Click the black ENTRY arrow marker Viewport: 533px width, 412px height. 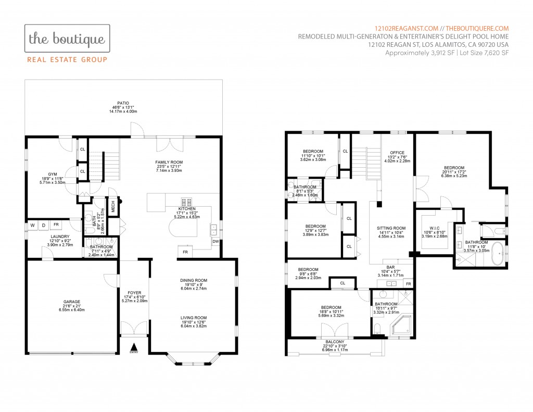click(x=134, y=347)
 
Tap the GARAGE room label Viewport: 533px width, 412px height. click(x=72, y=302)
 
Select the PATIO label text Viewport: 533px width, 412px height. click(x=123, y=103)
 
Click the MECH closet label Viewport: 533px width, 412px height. click(x=113, y=206)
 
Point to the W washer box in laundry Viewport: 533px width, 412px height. click(x=33, y=225)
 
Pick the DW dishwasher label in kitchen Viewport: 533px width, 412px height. click(x=215, y=242)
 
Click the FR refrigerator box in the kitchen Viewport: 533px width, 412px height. click(x=185, y=252)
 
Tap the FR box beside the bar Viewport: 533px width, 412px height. click(x=408, y=283)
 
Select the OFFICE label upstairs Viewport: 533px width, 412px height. click(x=397, y=153)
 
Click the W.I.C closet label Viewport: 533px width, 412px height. click(x=435, y=228)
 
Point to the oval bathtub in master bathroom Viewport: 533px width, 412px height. click(x=498, y=253)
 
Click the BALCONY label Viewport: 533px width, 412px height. click(x=335, y=342)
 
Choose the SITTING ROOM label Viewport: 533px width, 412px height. click(x=391, y=228)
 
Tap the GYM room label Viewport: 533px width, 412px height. click(x=53, y=174)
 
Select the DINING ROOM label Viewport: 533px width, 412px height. click(x=194, y=280)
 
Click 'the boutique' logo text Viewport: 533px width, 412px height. click(x=67, y=39)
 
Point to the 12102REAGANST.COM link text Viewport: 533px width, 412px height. click(x=407, y=29)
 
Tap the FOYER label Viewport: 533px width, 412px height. click(x=134, y=293)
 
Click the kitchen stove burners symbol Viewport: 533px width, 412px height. click(x=186, y=202)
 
